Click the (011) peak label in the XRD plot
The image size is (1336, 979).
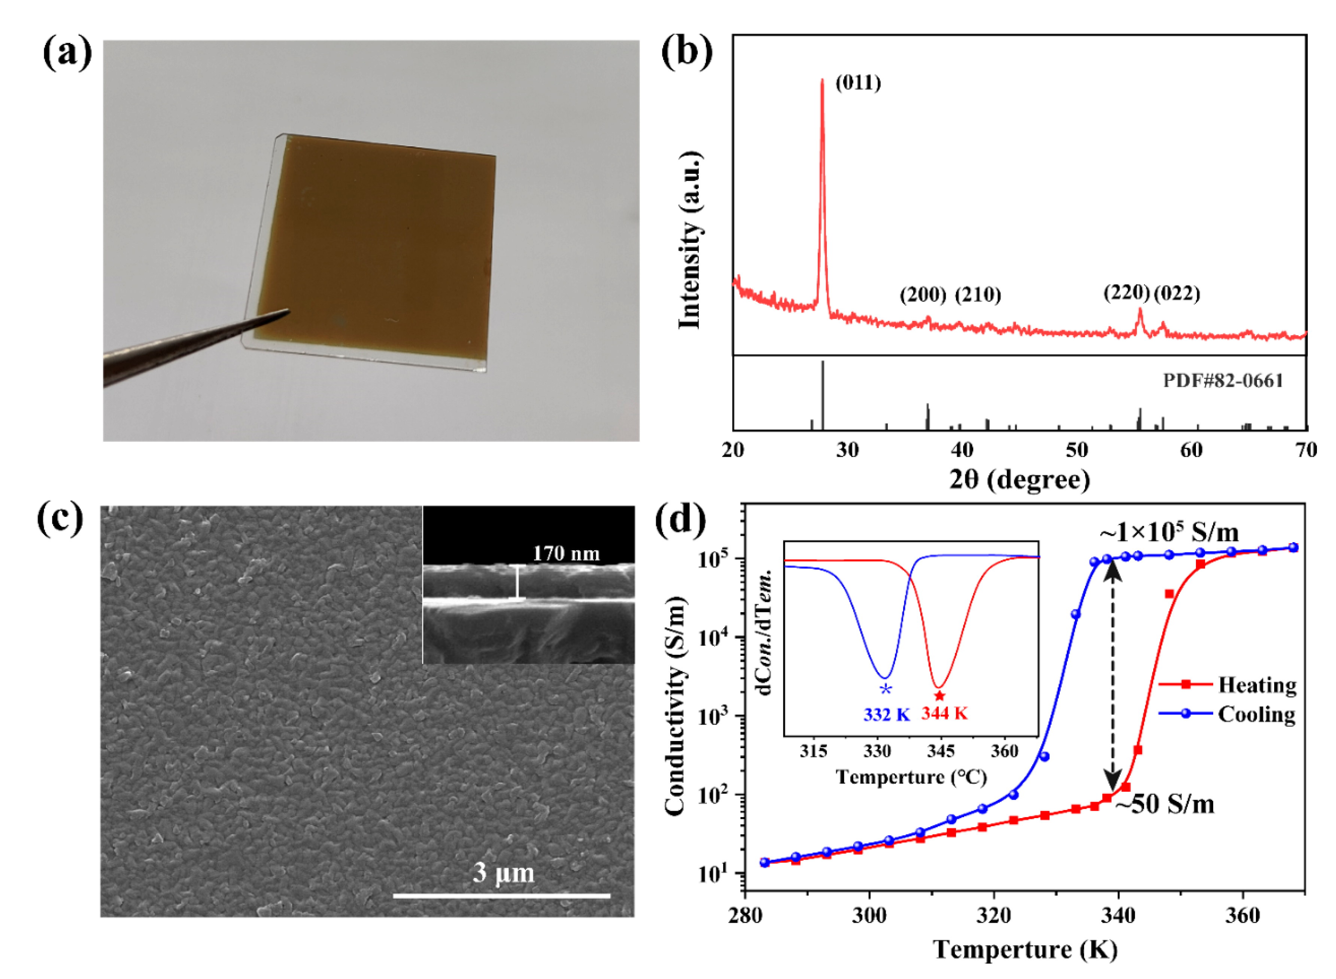coord(857,83)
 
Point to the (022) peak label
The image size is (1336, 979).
coord(1176,293)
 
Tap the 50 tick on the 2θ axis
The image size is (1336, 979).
coord(1077,450)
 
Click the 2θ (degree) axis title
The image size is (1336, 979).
coord(1019,479)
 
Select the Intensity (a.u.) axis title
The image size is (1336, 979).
coord(690,240)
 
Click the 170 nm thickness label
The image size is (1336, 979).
coord(566,554)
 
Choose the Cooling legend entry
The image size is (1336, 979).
coord(1256,714)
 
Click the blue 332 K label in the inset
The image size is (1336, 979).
coord(886,715)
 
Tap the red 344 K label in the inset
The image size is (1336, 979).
coord(944,714)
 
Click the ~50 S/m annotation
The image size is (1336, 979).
coord(1165,804)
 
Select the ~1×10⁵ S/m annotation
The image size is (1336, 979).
coord(1169,533)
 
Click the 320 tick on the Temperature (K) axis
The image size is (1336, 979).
coord(994,915)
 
